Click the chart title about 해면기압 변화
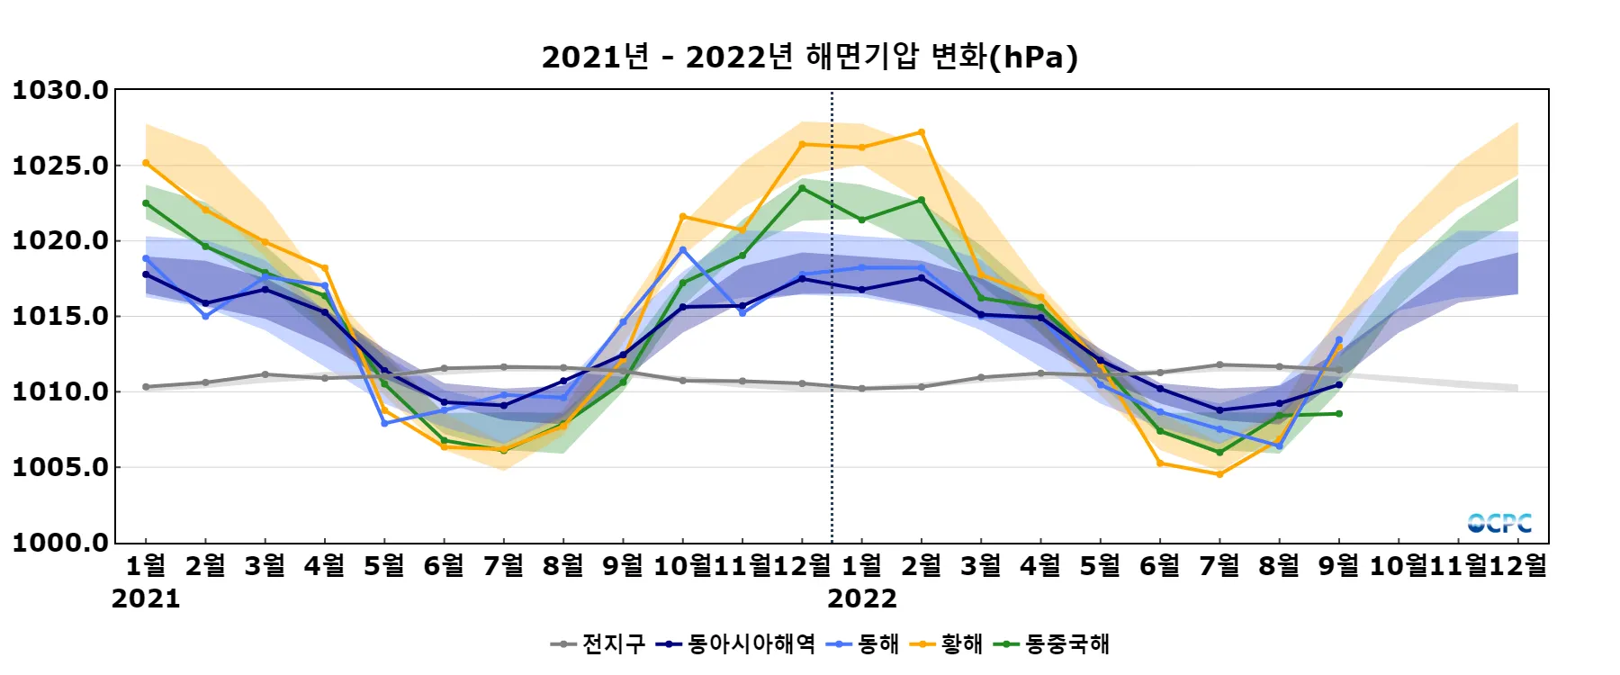click(x=809, y=57)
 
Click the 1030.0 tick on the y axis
click(x=59, y=90)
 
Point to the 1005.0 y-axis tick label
click(x=59, y=467)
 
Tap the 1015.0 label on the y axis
click(x=59, y=316)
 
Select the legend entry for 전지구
click(x=598, y=643)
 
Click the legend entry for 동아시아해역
click(x=737, y=643)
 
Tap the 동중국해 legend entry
click(x=1052, y=643)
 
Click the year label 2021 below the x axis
click(x=146, y=598)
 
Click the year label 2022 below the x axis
click(x=861, y=598)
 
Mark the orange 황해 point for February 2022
click(x=922, y=132)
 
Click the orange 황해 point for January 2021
click(x=146, y=163)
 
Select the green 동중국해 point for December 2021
click(x=802, y=188)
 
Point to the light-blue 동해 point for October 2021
click(x=683, y=249)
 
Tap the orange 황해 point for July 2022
click(x=1219, y=474)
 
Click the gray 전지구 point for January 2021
click(x=146, y=387)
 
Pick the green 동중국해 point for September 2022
click(x=1339, y=414)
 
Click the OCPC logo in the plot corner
click(x=1499, y=523)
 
